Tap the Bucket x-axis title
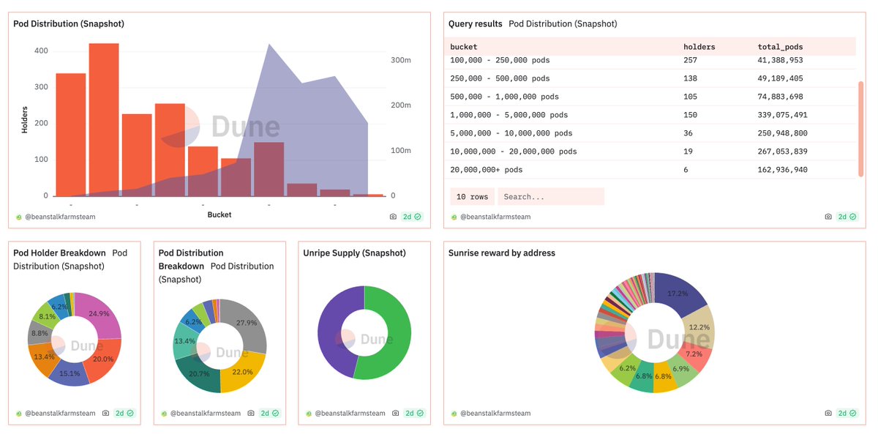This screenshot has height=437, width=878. click(219, 214)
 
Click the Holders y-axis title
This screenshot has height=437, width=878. click(25, 119)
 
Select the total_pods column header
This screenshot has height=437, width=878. click(780, 47)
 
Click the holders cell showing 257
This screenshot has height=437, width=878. click(690, 60)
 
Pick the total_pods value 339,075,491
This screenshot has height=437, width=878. click(782, 115)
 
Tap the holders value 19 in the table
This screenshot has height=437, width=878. click(688, 152)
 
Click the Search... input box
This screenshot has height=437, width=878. click(550, 197)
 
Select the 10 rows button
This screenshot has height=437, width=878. click(471, 197)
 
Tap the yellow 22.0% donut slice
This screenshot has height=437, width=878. click(242, 372)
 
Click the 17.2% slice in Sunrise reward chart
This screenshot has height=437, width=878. click(679, 294)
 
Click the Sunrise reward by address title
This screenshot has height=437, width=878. click(501, 253)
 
